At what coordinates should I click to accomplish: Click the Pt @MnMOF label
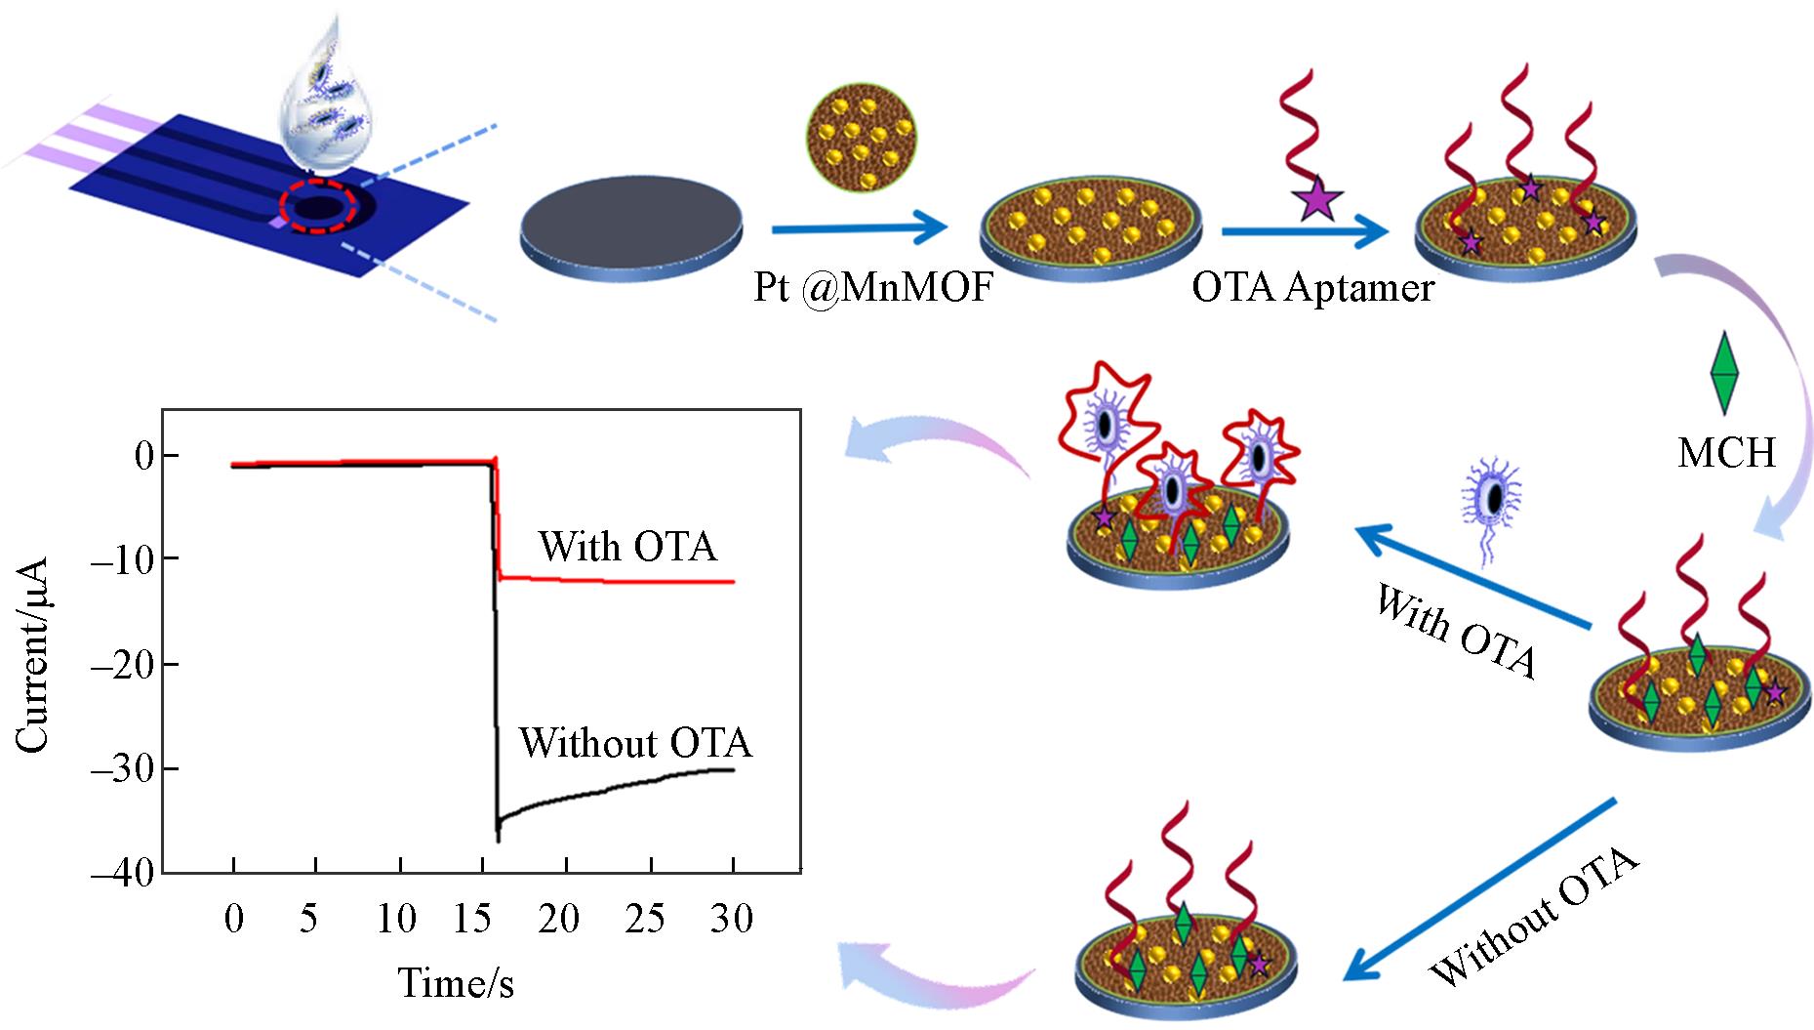coord(871,289)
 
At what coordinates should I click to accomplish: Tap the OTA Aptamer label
coord(1312,288)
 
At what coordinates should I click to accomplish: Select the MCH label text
coord(1726,453)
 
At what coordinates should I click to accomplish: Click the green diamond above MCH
coord(1725,372)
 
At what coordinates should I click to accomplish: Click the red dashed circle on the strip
coord(317,207)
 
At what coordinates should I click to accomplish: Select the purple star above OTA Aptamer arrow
coord(1316,198)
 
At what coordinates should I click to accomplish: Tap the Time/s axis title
coord(455,982)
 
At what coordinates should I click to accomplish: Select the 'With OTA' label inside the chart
coord(627,547)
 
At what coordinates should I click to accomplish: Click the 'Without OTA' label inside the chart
coord(635,744)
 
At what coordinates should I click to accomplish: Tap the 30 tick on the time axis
coord(732,920)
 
